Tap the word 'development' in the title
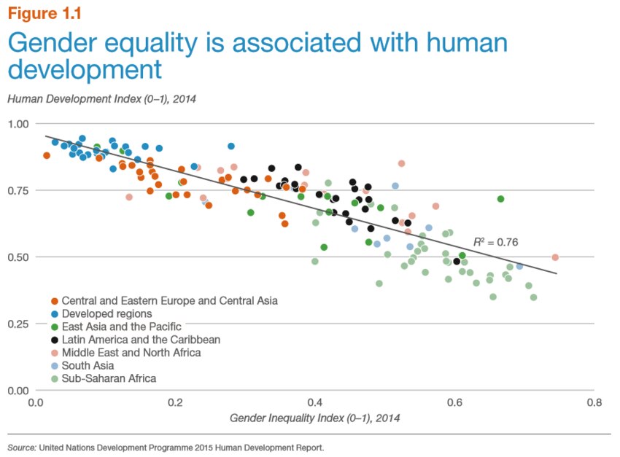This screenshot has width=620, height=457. coord(84,71)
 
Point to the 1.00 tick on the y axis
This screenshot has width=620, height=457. coord(18,124)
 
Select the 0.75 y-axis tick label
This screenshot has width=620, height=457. coord(18,190)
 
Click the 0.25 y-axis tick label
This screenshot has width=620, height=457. coord(18,324)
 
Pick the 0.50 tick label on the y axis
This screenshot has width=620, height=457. coord(18,257)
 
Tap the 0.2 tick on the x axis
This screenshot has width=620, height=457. coord(174,402)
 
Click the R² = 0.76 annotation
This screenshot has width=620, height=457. coord(495,242)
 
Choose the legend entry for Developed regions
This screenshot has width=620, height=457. coord(106,313)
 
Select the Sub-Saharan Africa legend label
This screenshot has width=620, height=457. coord(109,379)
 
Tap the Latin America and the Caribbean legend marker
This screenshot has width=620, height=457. coord(55,340)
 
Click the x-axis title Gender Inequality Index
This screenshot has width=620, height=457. coord(314,418)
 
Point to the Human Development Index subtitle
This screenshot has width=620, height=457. coord(102,97)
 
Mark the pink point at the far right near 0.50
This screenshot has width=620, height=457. coord(555,257)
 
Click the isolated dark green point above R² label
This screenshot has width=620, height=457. coord(500,199)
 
